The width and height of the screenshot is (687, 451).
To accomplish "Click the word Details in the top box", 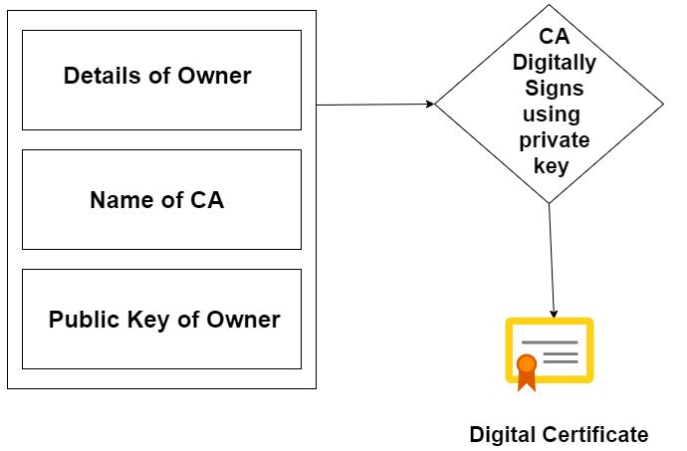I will tap(95, 76).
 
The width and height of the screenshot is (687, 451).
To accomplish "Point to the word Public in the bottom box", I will tap(81, 320).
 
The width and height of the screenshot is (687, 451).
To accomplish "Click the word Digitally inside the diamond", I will tap(554, 63).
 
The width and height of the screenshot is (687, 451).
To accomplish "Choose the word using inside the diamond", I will tap(552, 113).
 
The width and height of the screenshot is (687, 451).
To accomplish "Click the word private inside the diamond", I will tap(554, 139).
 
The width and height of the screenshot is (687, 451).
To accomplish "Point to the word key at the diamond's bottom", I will tap(551, 165).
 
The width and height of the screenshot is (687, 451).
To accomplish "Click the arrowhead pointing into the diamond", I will tap(430, 104).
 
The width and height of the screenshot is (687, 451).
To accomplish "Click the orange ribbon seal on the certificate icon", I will tap(527, 368).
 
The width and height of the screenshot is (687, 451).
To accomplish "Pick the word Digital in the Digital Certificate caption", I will tap(503, 434).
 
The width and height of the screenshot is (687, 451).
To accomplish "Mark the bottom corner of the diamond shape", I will tap(550, 203).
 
